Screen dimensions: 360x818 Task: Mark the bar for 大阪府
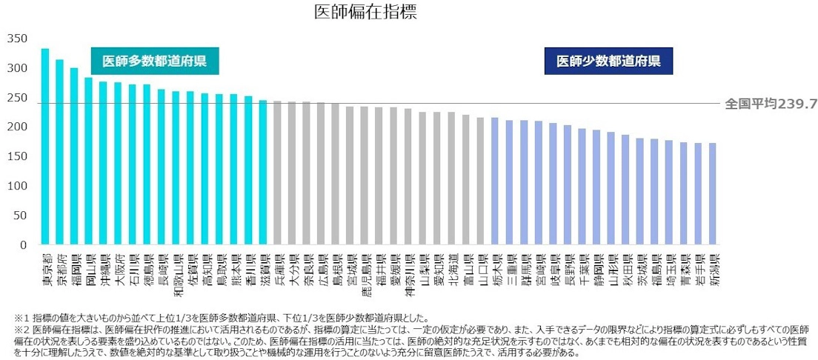click(118, 164)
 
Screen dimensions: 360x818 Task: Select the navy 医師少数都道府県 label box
click(608, 61)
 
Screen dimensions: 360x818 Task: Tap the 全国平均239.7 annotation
click(771, 104)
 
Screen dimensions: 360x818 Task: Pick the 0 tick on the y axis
click(24, 244)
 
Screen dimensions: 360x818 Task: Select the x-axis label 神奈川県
click(408, 274)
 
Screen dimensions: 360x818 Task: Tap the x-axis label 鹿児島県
click(364, 274)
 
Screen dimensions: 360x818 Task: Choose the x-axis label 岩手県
click(698, 268)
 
